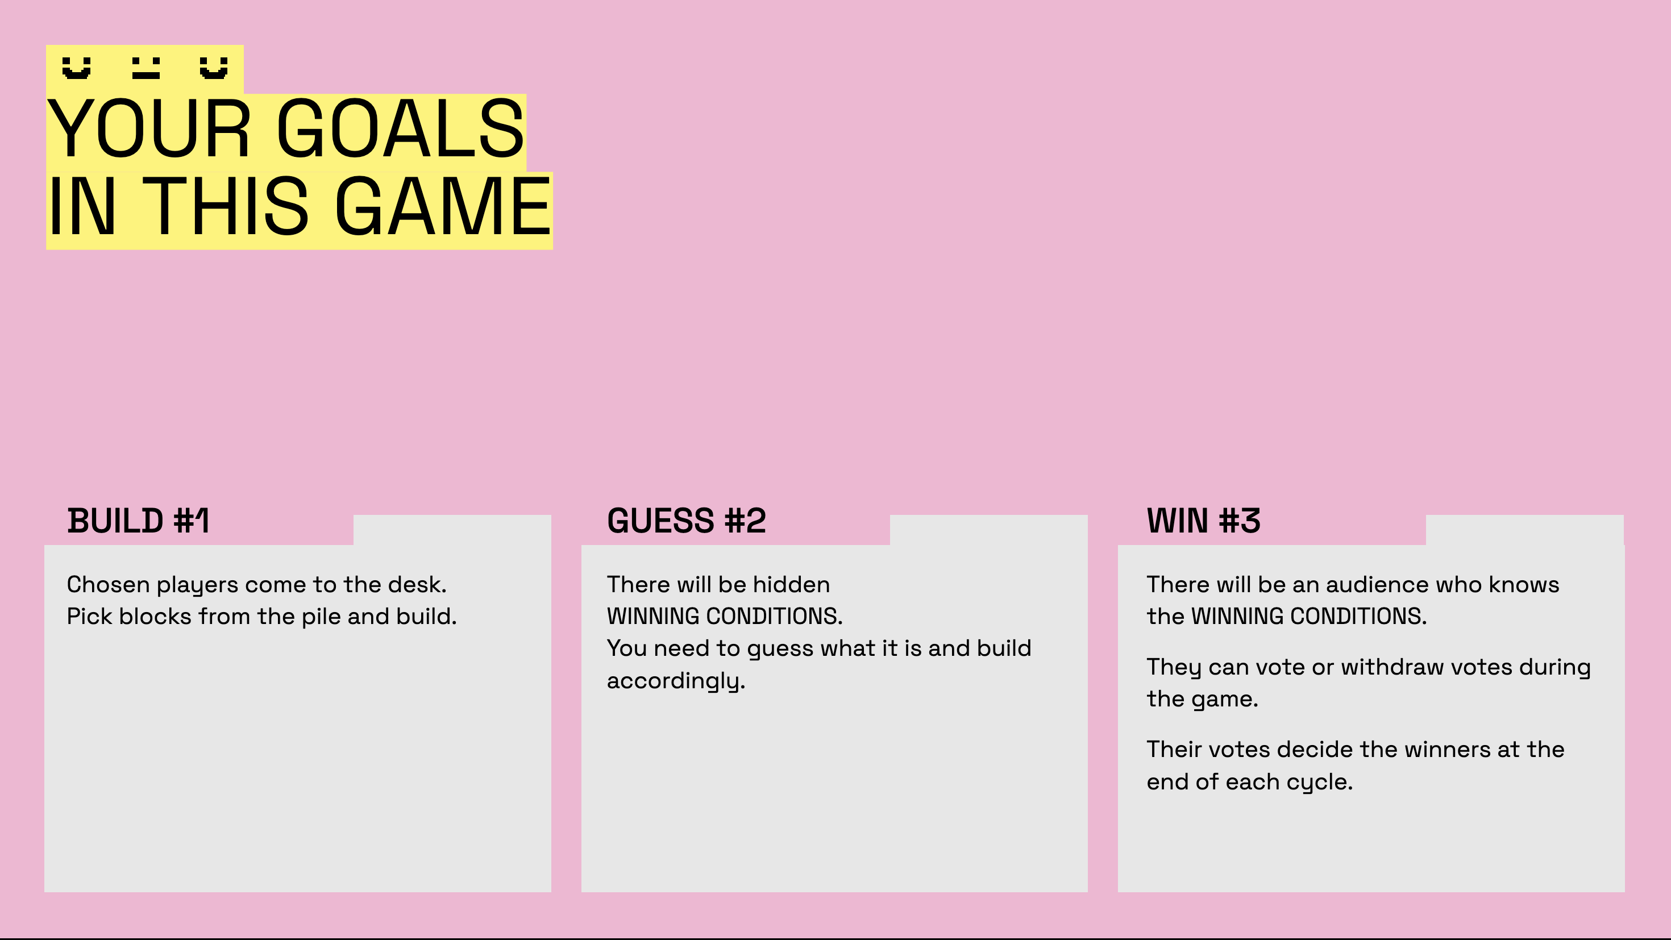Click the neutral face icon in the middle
click(146, 68)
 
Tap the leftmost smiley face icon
click(77, 68)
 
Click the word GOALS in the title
click(400, 128)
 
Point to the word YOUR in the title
click(148, 128)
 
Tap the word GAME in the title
click(443, 206)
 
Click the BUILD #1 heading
click(139, 521)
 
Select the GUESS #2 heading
click(687, 521)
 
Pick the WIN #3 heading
click(1203, 521)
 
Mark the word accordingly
click(676, 680)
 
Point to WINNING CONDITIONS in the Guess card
click(725, 616)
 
